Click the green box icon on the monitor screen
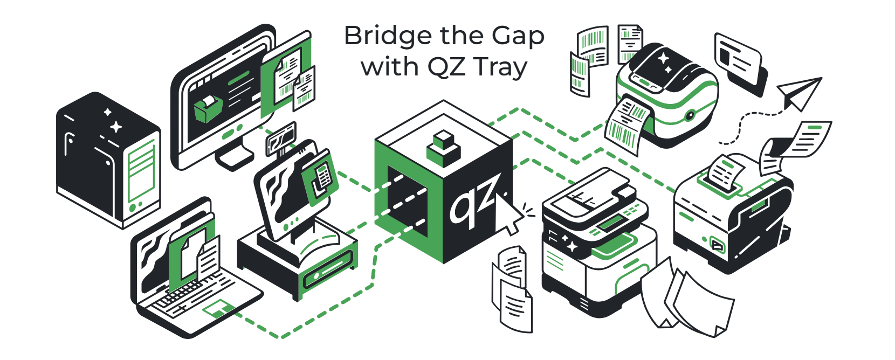208,108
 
